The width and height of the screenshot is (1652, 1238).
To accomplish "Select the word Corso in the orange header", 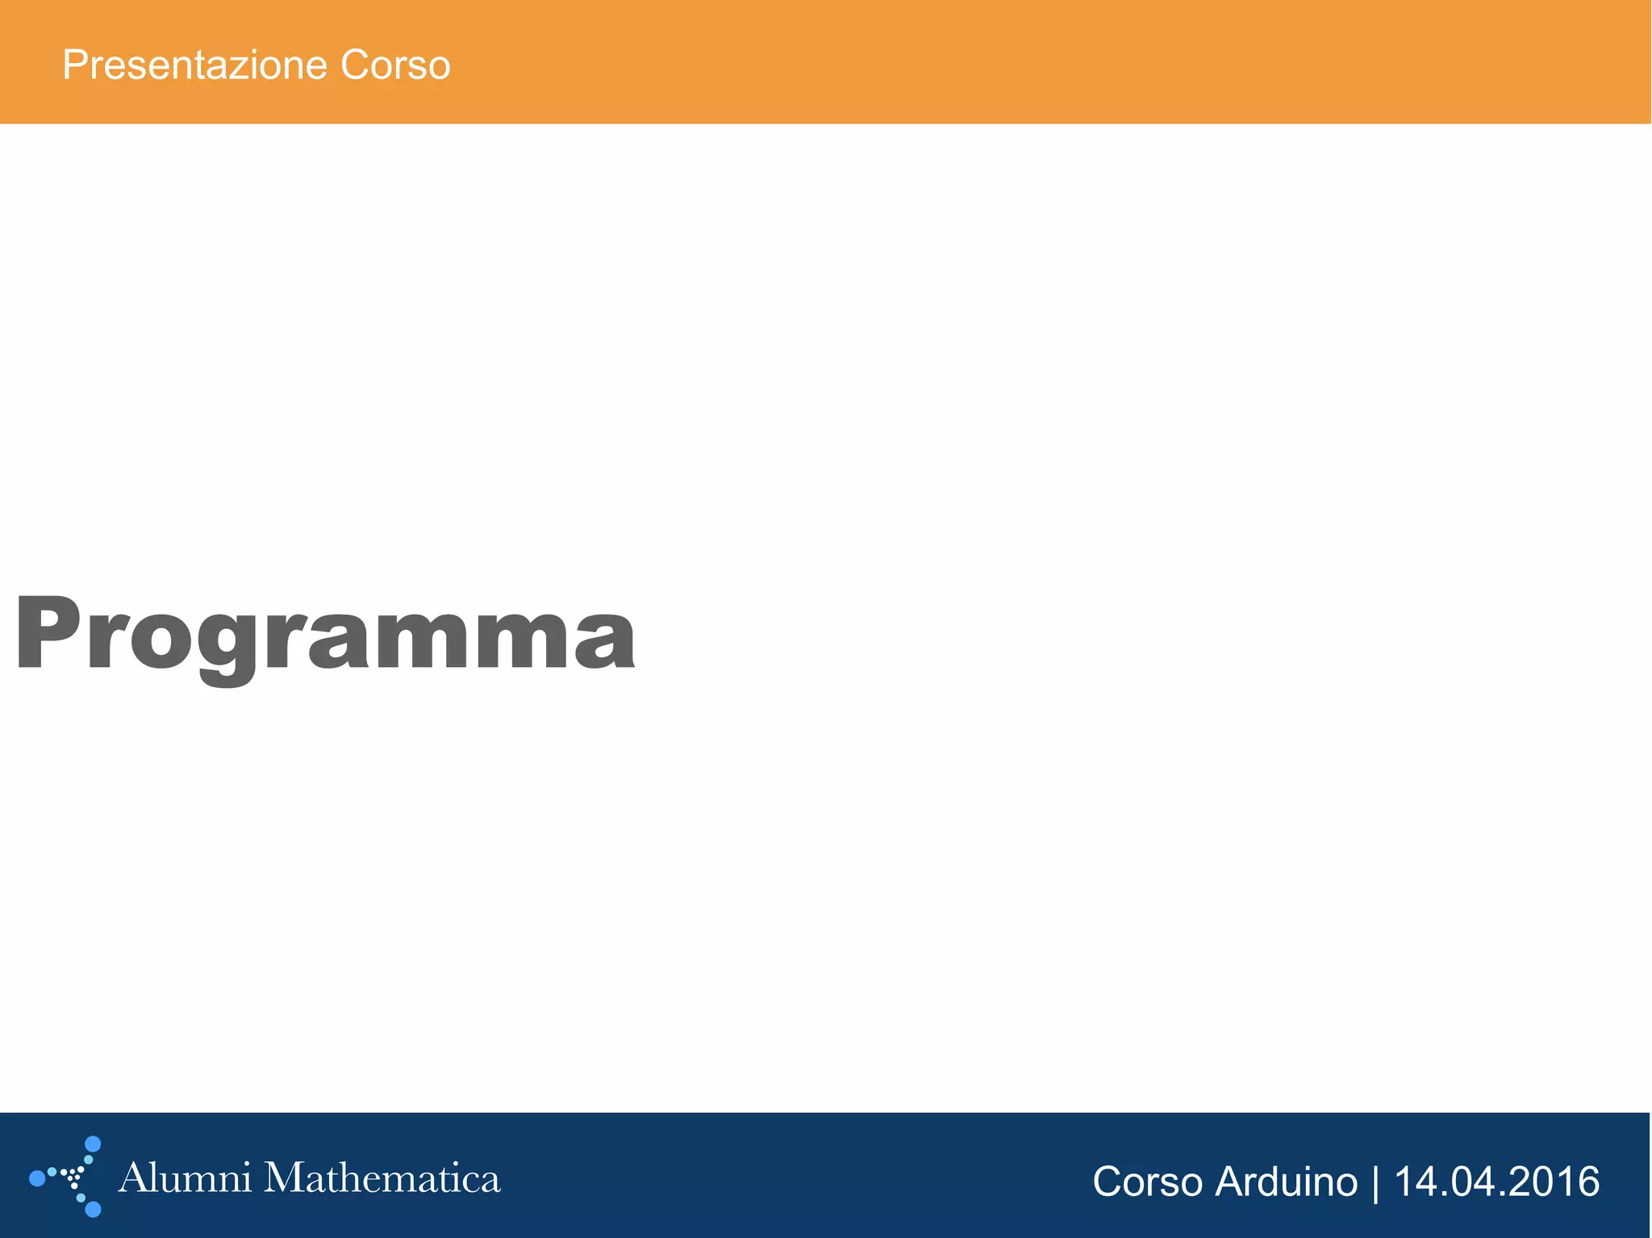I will pyautogui.click(x=394, y=65).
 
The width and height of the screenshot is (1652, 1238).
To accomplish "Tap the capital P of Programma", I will pyautogui.click(x=48, y=632).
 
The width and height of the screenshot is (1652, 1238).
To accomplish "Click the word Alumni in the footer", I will pyautogui.click(x=185, y=1178).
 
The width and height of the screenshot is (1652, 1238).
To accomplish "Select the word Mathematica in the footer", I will pyautogui.click(x=382, y=1178).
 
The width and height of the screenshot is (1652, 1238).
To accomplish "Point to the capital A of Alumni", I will pyautogui.click(x=134, y=1178).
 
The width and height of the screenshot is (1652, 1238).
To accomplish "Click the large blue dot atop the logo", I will pyautogui.click(x=93, y=1144).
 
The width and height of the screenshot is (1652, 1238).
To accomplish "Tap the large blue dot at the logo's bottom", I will pyautogui.click(x=93, y=1209).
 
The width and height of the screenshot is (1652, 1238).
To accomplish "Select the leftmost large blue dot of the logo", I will pyautogui.click(x=36, y=1178).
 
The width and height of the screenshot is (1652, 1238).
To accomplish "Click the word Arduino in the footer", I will pyautogui.click(x=1286, y=1182).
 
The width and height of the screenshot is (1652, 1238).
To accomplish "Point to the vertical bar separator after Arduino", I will pyautogui.click(x=1375, y=1182).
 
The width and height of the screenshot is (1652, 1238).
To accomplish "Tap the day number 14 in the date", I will pyautogui.click(x=1412, y=1182).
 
